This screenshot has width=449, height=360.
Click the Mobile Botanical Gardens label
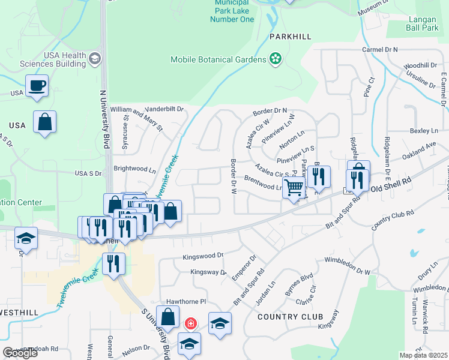tap(218, 59)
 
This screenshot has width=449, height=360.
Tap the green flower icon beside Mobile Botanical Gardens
tap(275, 59)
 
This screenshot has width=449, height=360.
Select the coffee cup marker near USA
tap(37, 85)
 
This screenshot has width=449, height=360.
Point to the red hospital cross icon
tap(191, 324)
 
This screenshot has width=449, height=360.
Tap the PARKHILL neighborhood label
tap(290, 37)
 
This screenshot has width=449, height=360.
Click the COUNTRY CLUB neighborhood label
tap(290, 316)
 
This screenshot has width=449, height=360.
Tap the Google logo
tap(20, 353)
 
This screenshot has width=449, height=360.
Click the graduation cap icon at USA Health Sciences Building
tap(94, 59)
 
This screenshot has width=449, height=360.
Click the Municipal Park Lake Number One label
tap(232, 11)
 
